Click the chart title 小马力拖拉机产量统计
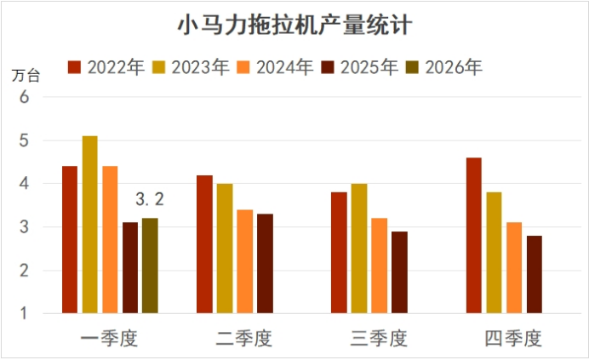click(294, 26)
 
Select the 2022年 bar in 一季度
click(70, 239)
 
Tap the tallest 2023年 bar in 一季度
click(89, 225)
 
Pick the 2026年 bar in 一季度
click(149, 266)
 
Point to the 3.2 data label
click(149, 201)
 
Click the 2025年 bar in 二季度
click(265, 263)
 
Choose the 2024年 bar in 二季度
click(244, 261)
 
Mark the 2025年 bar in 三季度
click(399, 271)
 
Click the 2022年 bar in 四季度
click(473, 235)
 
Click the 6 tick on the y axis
click(24, 96)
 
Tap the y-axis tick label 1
click(24, 314)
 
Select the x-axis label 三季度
click(379, 339)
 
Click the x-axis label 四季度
click(513, 339)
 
